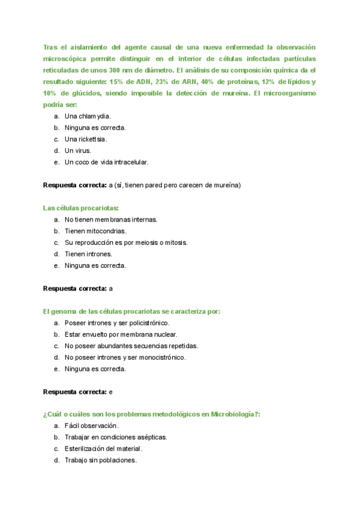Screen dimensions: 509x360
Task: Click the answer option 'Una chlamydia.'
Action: pyautogui.click(x=88, y=116)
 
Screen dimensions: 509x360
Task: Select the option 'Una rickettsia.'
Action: pyautogui.click(x=86, y=139)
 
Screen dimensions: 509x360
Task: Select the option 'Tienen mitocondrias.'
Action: pyautogui.click(x=95, y=231)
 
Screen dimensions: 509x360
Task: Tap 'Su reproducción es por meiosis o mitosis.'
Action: pyautogui.click(x=126, y=242)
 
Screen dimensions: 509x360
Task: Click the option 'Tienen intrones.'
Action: pyautogui.click(x=88, y=254)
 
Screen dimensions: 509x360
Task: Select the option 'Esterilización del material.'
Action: pyautogui.click(x=104, y=449)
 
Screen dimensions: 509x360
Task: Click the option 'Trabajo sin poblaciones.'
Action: pyautogui.click(x=101, y=460)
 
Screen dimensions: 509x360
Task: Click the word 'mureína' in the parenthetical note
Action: pyautogui.click(x=226, y=185)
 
